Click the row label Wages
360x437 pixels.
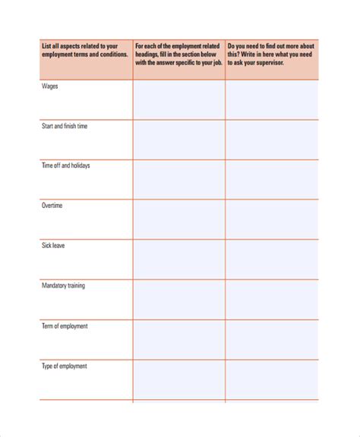tap(50, 86)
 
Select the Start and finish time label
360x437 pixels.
tap(65, 126)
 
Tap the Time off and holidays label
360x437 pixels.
tap(66, 165)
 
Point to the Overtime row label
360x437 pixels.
tap(52, 206)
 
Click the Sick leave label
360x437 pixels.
tap(54, 246)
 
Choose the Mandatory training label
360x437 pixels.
tap(65, 286)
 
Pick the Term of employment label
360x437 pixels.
tap(65, 326)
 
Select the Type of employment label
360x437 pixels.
tap(65, 366)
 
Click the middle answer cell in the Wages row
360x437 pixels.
tap(178, 99)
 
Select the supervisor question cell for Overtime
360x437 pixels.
tap(271, 219)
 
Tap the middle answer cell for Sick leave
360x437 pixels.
tap(178, 259)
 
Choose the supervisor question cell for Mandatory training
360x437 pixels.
tap(271, 300)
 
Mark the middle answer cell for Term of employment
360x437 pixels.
tap(178, 340)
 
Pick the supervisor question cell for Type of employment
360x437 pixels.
tap(271, 380)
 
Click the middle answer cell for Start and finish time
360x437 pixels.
tap(178, 140)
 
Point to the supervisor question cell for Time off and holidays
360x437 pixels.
tap(271, 180)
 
